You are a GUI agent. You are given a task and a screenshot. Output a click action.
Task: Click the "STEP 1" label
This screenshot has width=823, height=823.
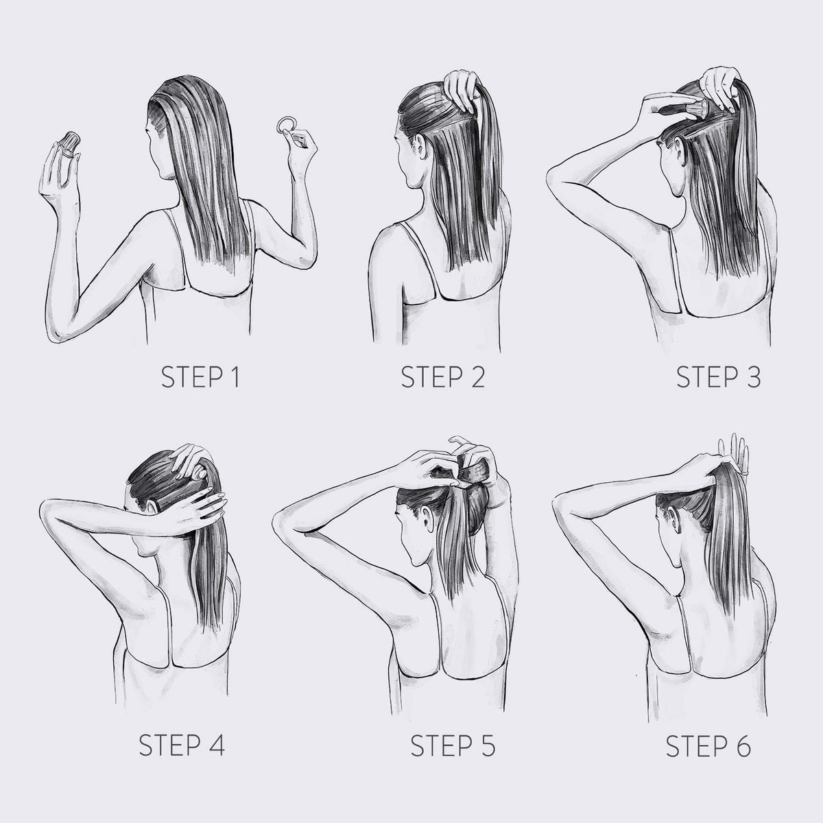pyautogui.click(x=200, y=377)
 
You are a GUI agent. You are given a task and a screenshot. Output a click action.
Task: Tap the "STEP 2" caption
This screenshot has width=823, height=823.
pyautogui.click(x=443, y=377)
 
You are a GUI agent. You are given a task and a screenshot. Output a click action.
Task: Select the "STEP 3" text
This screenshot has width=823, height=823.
pyautogui.click(x=718, y=377)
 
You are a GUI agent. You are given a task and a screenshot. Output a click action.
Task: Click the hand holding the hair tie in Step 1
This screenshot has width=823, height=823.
pyautogui.click(x=301, y=147)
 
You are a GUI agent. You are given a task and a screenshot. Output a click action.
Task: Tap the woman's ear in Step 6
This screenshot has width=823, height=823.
pyautogui.click(x=675, y=519)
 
